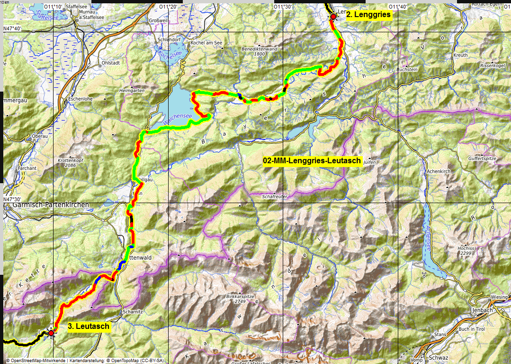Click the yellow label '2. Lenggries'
click(x=368, y=15)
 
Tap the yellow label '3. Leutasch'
click(x=89, y=326)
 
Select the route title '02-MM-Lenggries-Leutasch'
click(x=312, y=161)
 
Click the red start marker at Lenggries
click(x=333, y=17)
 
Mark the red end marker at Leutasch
click(x=51, y=333)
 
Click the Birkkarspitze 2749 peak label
click(x=242, y=299)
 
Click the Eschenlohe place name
click(x=80, y=99)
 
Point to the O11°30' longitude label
click(x=283, y=7)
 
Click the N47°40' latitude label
click(x=12, y=29)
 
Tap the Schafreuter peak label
click(x=275, y=196)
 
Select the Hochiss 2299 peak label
click(x=466, y=251)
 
